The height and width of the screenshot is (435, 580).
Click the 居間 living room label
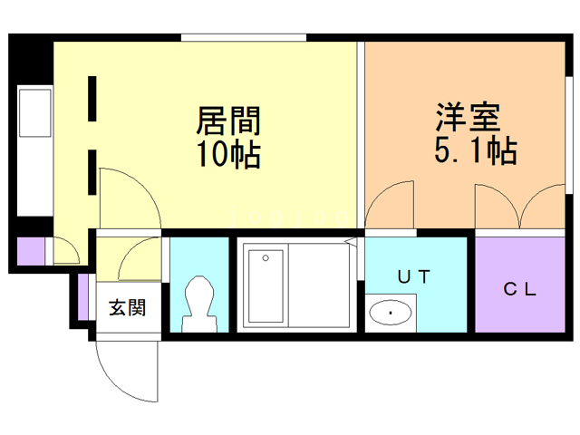[x=229, y=121]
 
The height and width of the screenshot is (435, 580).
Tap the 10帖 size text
[x=229, y=154]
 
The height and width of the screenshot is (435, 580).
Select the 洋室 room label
[x=468, y=118]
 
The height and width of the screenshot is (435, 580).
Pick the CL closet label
[x=520, y=290]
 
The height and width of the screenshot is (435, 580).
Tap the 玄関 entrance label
[x=128, y=307]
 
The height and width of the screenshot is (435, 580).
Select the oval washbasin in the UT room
[x=391, y=314]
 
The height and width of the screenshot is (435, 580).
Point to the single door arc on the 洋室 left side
[x=389, y=204]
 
